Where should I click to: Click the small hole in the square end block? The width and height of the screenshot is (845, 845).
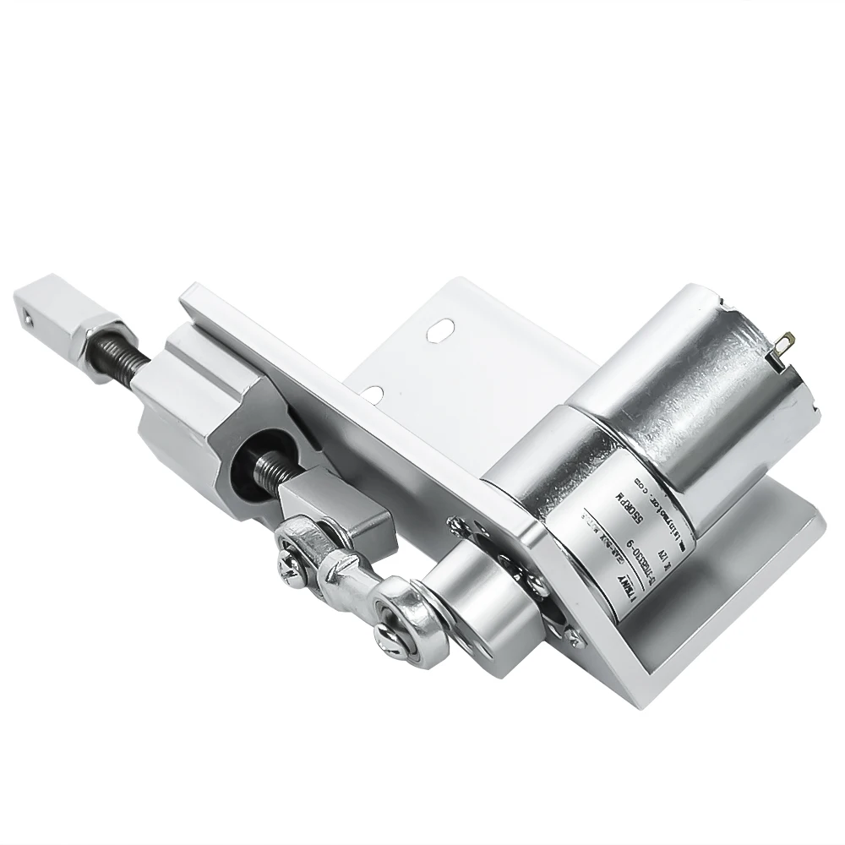point(31,319)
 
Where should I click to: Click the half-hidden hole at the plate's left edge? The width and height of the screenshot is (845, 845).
point(372,391)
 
